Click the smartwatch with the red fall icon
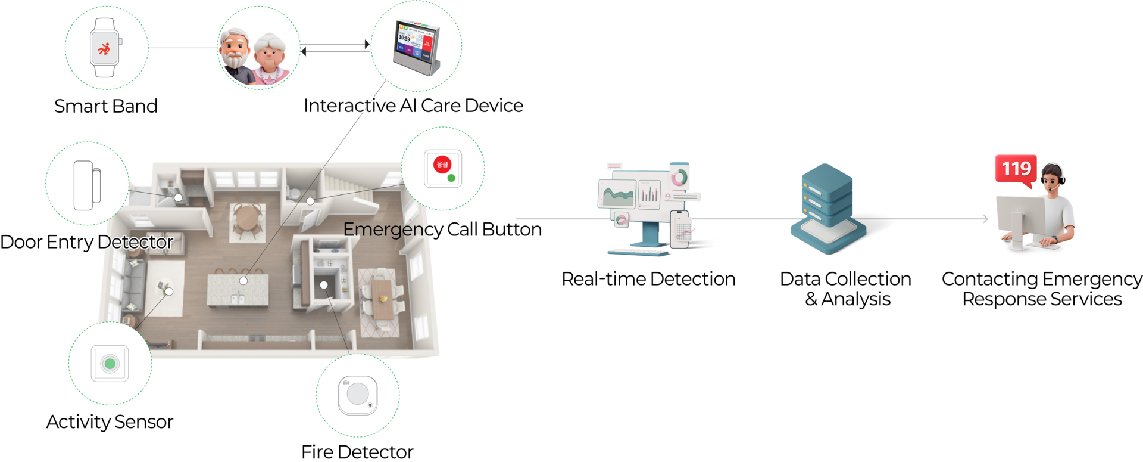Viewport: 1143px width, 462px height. pos(105,48)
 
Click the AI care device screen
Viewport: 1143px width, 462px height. pos(411,41)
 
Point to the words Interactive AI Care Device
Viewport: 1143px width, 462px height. pos(413,106)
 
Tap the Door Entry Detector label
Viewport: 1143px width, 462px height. pos(87,242)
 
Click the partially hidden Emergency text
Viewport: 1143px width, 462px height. pos(387,230)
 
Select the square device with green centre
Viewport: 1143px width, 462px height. pos(110,363)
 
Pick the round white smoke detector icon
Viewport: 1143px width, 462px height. pos(357,394)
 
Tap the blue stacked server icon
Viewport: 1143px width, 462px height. pos(827,208)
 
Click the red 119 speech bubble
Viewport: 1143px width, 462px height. pos(1016,169)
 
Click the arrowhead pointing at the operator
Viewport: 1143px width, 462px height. pos(986,219)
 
